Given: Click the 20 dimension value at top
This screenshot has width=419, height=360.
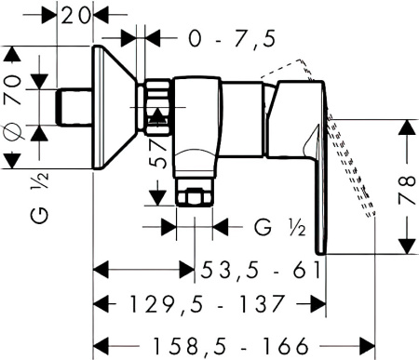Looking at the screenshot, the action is click(75, 16).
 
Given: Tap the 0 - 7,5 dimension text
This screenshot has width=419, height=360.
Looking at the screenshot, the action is click(232, 39).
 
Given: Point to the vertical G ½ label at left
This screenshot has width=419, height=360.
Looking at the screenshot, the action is click(40, 198).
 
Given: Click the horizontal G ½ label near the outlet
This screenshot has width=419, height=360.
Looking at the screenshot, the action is click(280, 227).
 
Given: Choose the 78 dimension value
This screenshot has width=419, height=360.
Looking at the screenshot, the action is click(407, 190).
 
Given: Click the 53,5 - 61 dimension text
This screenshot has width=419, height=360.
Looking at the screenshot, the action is click(260, 270).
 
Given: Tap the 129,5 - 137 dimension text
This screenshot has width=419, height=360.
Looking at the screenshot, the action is click(207, 304).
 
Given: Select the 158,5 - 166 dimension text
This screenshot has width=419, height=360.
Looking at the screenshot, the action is click(231, 346).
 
